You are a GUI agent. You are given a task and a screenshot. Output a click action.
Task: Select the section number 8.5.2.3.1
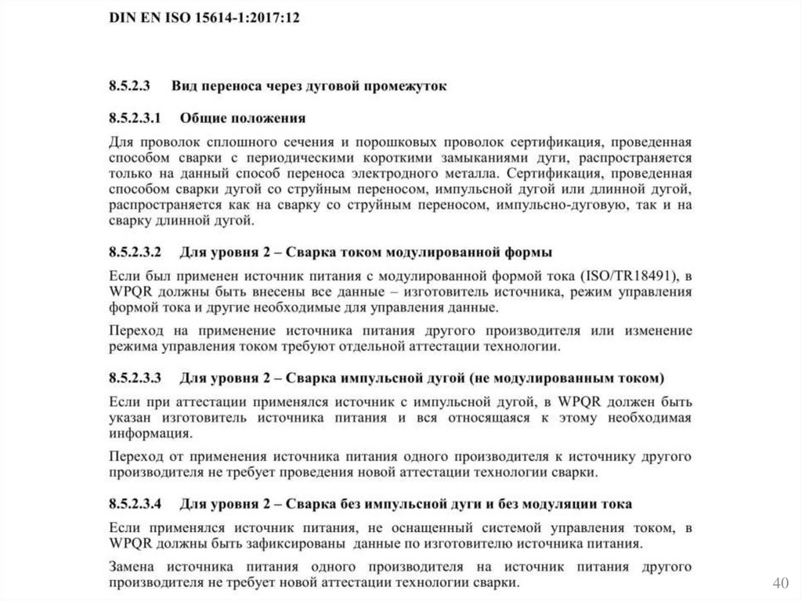pos(135,119)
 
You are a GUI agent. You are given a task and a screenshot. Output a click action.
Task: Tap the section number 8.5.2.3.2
pos(135,253)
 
